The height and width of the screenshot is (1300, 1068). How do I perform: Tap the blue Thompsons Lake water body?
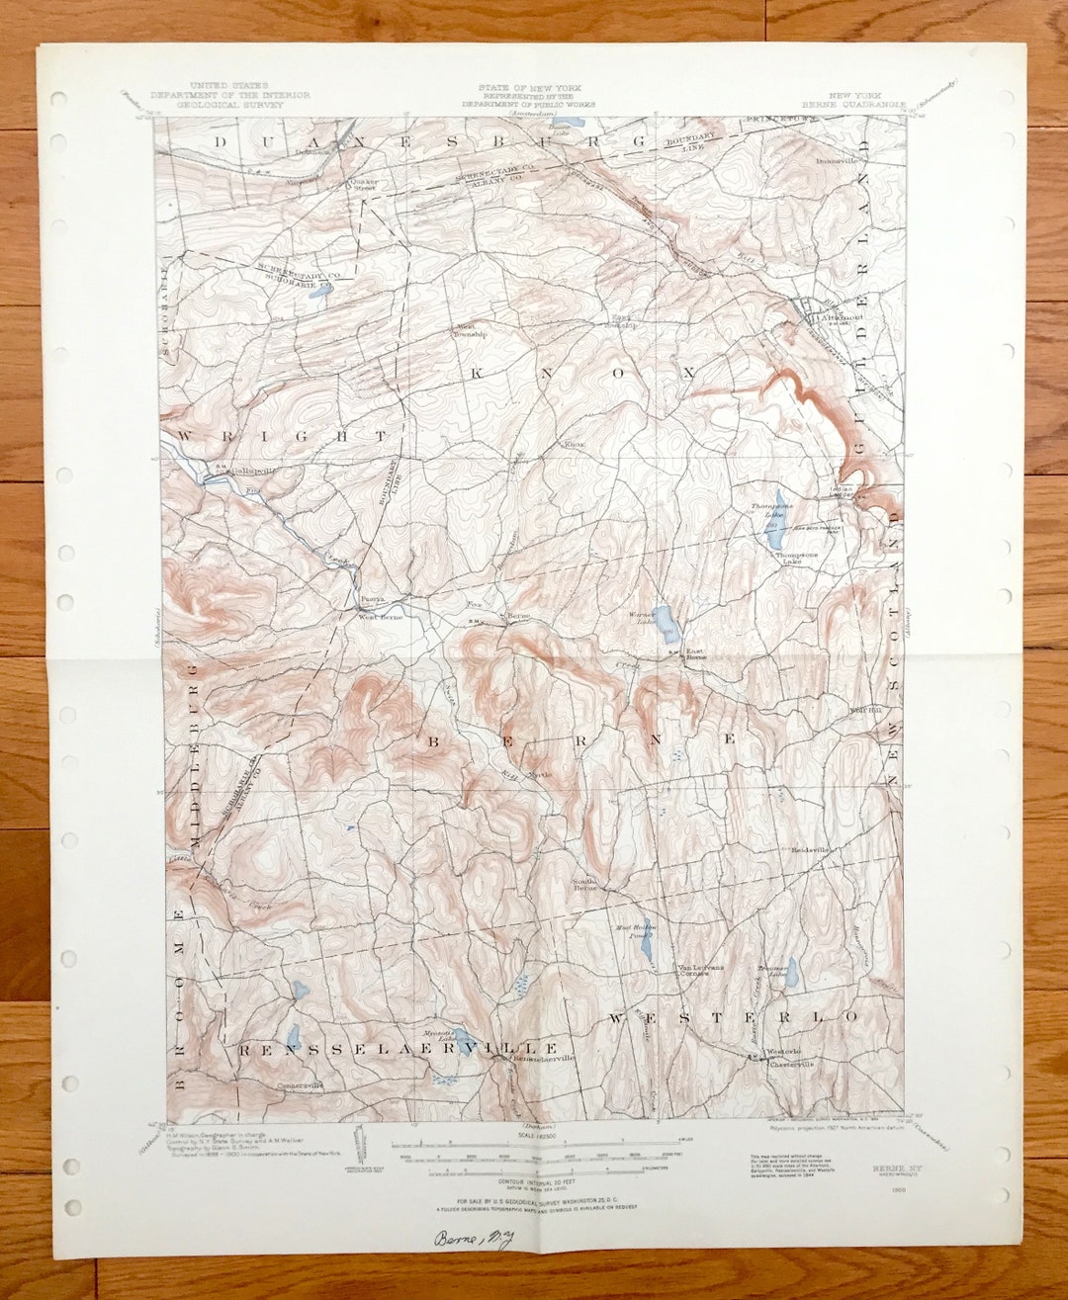pyautogui.click(x=775, y=521)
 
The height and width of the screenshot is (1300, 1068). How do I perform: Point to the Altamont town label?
pyautogui.click(x=834, y=318)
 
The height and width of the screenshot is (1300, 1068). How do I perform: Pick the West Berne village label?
pyautogui.click(x=379, y=616)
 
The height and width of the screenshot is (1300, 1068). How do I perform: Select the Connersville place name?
pyautogui.click(x=302, y=1085)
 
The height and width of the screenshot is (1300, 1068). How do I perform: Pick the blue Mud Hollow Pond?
pyautogui.click(x=646, y=949)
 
